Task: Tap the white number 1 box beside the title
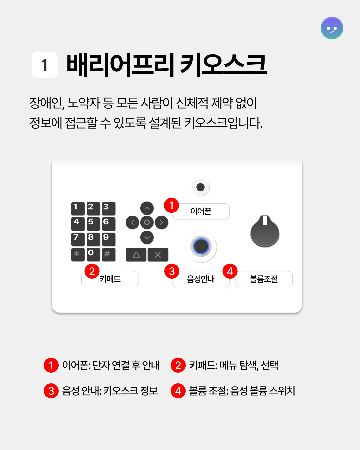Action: (x=45, y=65)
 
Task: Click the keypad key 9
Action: (x=109, y=239)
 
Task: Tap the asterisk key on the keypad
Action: (x=78, y=254)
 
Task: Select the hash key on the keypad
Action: (x=109, y=254)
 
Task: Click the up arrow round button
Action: (x=147, y=208)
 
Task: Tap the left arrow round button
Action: (x=132, y=222)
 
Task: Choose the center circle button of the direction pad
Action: (x=147, y=222)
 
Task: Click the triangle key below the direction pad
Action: (x=136, y=255)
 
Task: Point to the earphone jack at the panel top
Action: (x=201, y=187)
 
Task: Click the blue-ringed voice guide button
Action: (x=201, y=247)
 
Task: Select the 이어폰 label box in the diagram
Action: (x=201, y=211)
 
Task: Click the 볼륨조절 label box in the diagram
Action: (x=264, y=279)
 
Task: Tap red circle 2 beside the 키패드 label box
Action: (x=92, y=271)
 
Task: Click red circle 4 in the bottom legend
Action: (x=178, y=391)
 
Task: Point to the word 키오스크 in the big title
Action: (x=223, y=65)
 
